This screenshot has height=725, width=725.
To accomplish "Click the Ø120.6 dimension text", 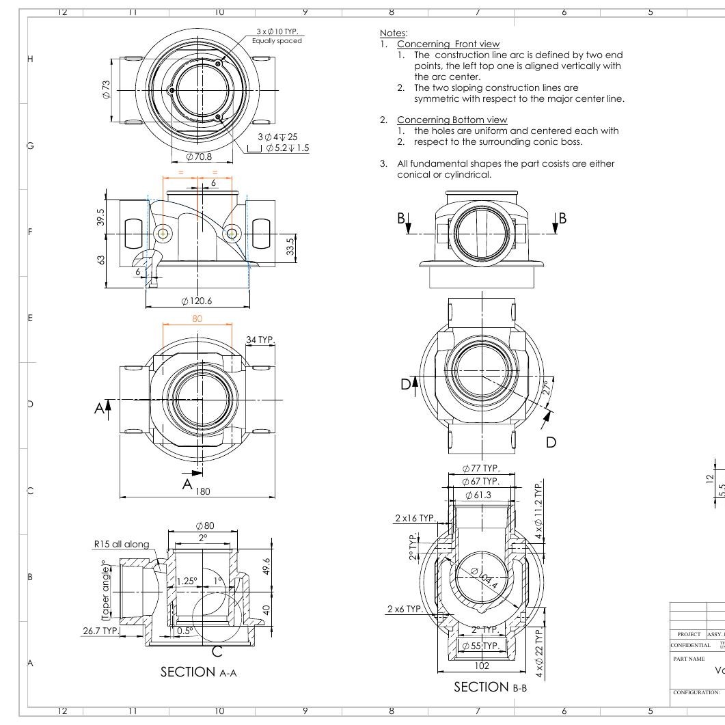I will coord(197,301).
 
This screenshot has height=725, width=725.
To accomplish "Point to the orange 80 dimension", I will coord(197,318).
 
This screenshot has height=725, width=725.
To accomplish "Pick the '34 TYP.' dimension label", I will coord(260,340).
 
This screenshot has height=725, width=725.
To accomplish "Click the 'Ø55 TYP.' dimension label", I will coord(481,646).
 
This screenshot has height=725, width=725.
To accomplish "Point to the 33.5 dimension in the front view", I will coord(290,244).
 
